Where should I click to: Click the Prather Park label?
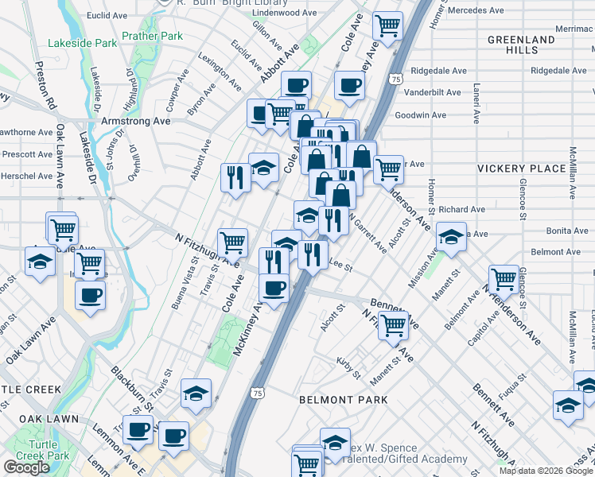point(152,36)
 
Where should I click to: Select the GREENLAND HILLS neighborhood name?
point(521,45)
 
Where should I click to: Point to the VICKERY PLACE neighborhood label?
point(521,169)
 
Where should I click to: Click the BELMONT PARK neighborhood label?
point(343,400)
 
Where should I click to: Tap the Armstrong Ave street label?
point(136,122)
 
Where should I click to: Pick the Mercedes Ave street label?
point(475,10)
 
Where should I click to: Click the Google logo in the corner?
point(26,467)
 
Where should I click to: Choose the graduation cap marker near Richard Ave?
point(451,238)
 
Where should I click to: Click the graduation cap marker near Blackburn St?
point(196,394)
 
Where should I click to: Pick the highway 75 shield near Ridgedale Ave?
point(395,79)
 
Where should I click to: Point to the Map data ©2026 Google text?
point(546,471)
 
